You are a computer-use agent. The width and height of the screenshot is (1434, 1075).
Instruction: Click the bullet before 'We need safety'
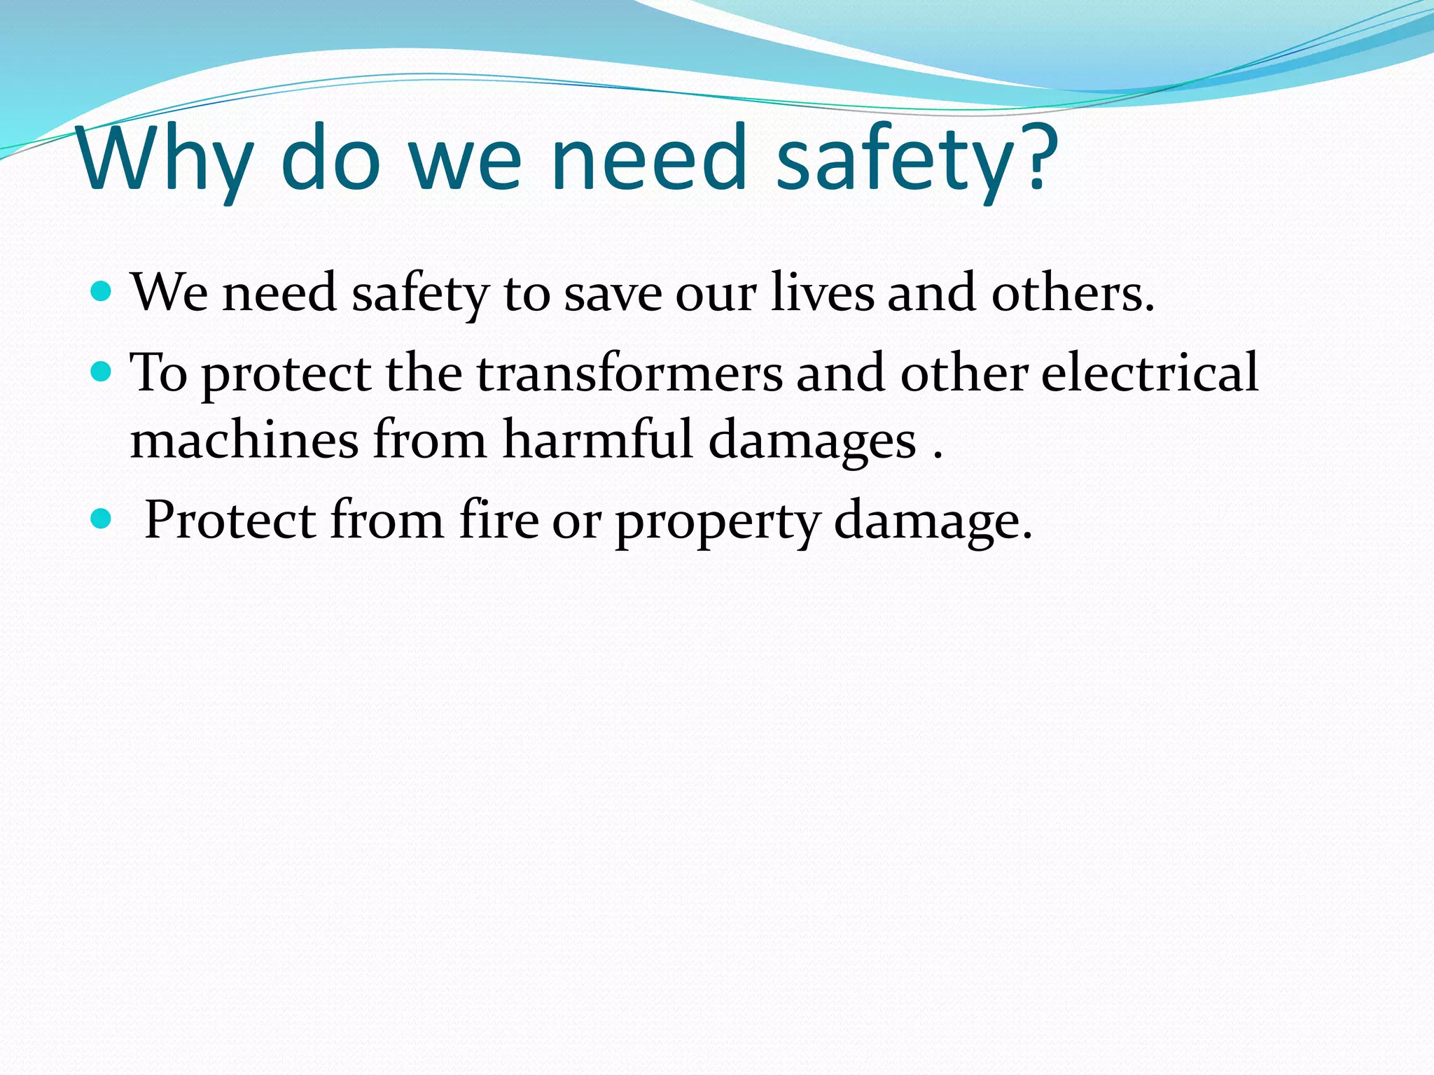(x=102, y=290)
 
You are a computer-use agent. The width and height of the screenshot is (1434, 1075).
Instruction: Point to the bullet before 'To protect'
(x=102, y=371)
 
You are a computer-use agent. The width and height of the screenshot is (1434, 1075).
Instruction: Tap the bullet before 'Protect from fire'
(x=102, y=519)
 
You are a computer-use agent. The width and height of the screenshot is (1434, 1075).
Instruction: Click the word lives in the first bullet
(x=822, y=292)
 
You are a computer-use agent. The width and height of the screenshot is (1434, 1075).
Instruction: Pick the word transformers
(x=629, y=372)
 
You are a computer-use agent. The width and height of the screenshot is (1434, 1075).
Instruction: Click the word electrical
(x=1150, y=372)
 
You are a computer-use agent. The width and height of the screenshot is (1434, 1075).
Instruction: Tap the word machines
(x=244, y=440)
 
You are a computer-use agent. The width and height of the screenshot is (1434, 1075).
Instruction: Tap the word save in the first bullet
(x=613, y=293)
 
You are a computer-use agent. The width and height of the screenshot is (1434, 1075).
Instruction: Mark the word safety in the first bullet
(x=419, y=293)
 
